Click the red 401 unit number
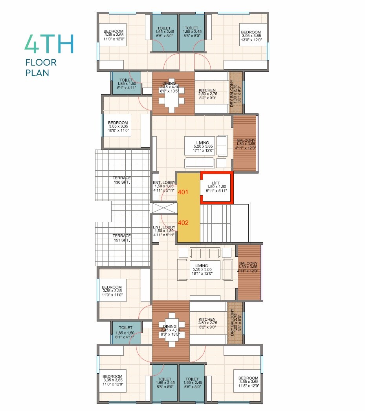click(183, 192)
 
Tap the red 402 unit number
click(183, 223)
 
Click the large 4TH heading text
click(49, 44)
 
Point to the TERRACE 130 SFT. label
click(122, 180)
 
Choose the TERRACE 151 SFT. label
click(122, 238)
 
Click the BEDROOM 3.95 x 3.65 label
click(251, 36)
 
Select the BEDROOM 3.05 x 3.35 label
click(118, 126)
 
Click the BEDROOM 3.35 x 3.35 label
click(112, 291)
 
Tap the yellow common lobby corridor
click(189, 208)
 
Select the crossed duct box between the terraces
click(163, 208)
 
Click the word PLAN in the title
click(37, 73)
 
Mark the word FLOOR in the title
click(41, 62)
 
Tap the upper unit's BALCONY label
click(246, 144)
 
